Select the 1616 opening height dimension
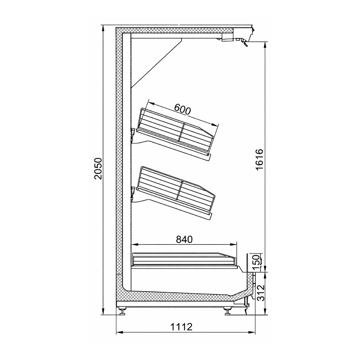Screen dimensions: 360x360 coord(259,159)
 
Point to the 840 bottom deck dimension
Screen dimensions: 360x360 coord(183,239)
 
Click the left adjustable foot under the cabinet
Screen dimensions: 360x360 coord(122,311)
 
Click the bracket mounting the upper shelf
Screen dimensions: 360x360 coord(132,134)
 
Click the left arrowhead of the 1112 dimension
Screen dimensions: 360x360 coord(118,332)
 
